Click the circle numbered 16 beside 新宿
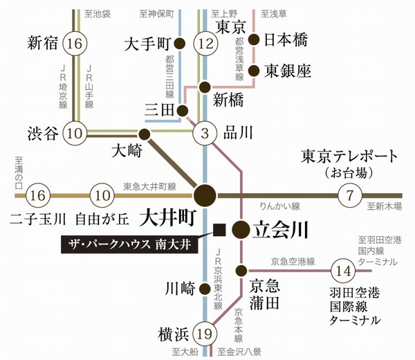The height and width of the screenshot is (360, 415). click(75, 44)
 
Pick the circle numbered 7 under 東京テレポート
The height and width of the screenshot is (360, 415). click(350, 196)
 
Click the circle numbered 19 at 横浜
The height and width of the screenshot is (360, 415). click(205, 334)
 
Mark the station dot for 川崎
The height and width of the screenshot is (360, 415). click(205, 287)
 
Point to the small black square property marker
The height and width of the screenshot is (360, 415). click(219, 229)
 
